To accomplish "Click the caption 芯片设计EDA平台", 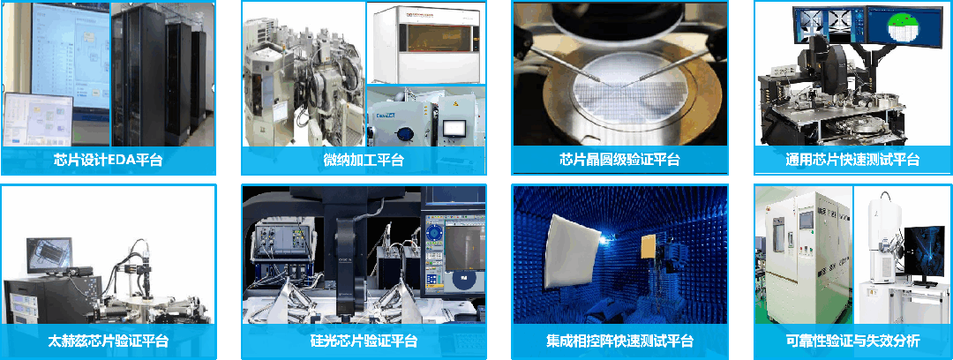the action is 109,161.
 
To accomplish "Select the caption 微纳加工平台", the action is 364,161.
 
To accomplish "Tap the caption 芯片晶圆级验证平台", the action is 619,161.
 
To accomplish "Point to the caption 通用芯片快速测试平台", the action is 852,161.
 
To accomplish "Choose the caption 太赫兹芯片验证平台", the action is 109,341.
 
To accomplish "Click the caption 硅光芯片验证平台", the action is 364,341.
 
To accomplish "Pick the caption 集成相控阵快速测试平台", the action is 619,341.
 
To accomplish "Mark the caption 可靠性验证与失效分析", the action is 852,341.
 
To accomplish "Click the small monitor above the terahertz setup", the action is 49,255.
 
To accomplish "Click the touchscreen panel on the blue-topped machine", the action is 454,129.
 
